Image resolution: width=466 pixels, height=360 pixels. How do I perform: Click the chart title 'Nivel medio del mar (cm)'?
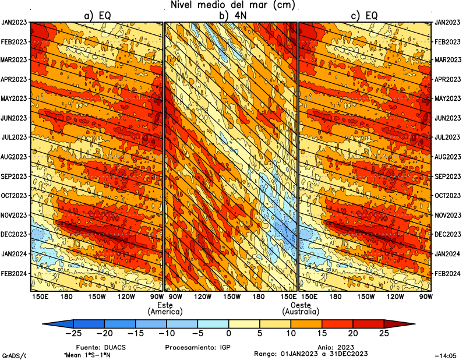pos(233,5)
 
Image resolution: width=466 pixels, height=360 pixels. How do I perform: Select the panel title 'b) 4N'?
pos(231,16)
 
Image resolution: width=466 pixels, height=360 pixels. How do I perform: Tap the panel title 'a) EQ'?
pos(97,16)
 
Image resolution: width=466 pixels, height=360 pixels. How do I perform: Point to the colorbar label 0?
pos(228,333)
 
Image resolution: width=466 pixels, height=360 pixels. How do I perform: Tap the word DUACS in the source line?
pos(114,346)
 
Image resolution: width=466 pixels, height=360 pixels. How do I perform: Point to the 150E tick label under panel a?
pos(40,297)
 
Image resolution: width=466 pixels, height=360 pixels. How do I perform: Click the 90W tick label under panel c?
pos(425,297)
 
